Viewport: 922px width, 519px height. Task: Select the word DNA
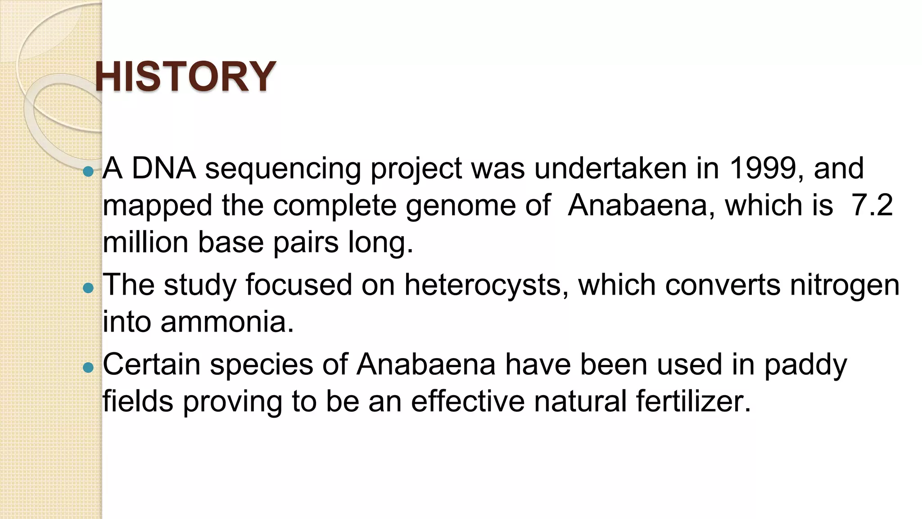coord(163,168)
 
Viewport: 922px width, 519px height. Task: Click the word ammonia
coord(227,322)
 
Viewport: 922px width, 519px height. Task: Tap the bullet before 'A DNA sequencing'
coord(88,171)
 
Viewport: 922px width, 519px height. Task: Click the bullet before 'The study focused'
coord(88,287)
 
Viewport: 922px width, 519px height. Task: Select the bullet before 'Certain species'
coord(88,368)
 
